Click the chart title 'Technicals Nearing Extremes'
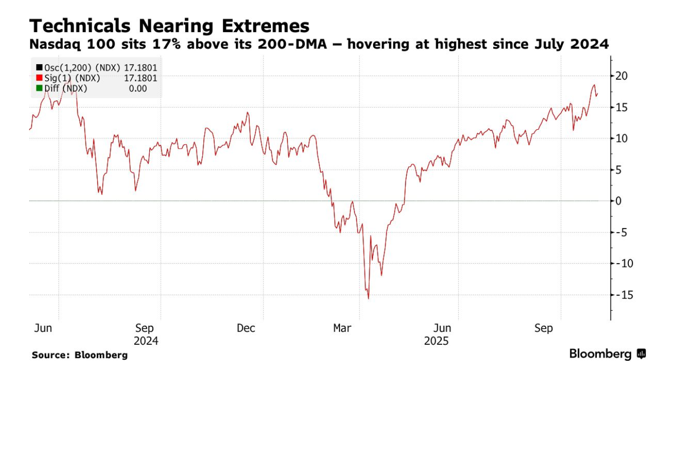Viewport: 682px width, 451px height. tap(169, 26)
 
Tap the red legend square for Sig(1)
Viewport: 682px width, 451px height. tap(39, 78)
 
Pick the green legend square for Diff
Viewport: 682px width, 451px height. tap(39, 89)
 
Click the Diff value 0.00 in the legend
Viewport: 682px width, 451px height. tap(138, 89)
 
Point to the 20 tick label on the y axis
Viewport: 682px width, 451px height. tap(621, 76)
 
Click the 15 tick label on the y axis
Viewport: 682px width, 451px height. tap(621, 107)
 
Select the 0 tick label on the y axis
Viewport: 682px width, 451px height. tap(618, 201)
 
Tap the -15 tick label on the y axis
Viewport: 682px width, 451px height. tap(623, 295)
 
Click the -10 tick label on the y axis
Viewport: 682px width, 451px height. tap(623, 264)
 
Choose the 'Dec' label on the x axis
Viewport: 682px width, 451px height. tap(246, 328)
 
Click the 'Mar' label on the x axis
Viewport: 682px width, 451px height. tap(343, 328)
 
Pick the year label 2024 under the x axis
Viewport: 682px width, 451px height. tap(146, 341)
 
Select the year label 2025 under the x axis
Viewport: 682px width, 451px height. tap(436, 341)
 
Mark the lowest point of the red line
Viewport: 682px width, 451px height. tap(369, 299)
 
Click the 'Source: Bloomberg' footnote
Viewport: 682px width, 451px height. tap(80, 355)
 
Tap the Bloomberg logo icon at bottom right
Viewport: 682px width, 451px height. tap(641, 354)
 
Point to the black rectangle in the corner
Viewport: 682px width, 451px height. tap(641, 414)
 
